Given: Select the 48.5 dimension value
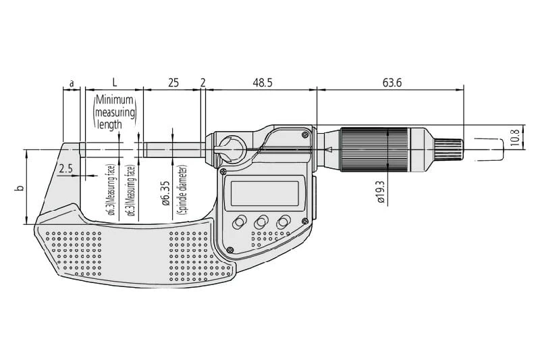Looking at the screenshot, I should tap(262, 83).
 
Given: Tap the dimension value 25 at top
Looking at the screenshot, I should tap(173, 83).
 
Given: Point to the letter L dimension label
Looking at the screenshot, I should tap(114, 82).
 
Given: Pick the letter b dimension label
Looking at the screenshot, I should tap(20, 188).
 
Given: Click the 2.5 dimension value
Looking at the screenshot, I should tap(66, 168).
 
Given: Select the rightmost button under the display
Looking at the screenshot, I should tap(284, 222).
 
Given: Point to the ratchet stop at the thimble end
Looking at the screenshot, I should tap(453, 149).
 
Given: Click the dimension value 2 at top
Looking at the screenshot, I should tap(203, 83).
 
